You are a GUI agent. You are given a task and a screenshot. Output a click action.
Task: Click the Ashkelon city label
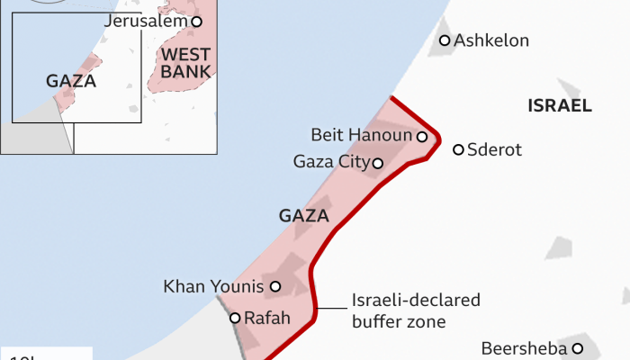491,40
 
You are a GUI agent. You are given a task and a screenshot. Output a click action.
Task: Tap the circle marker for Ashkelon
445,40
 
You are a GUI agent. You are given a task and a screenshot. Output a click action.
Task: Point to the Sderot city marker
458,149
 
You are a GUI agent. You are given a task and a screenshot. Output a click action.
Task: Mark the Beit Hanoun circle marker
421,136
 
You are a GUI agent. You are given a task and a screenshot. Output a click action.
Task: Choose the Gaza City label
331,163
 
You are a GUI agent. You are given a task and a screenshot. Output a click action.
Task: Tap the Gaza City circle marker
378,163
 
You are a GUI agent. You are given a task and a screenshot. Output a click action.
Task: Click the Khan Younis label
213,287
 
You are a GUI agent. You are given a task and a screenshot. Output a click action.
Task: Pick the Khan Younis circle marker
275,287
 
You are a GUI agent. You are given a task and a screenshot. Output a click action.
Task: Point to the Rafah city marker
235,318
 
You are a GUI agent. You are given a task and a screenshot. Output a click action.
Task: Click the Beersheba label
524,348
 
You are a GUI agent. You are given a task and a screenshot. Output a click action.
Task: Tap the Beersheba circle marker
578,348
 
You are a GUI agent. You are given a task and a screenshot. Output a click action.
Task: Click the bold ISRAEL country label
560,106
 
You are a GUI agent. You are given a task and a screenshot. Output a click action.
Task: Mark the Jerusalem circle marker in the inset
196,21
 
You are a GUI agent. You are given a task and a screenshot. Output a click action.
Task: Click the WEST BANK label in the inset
184,63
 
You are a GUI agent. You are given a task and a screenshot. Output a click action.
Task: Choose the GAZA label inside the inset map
70,81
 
